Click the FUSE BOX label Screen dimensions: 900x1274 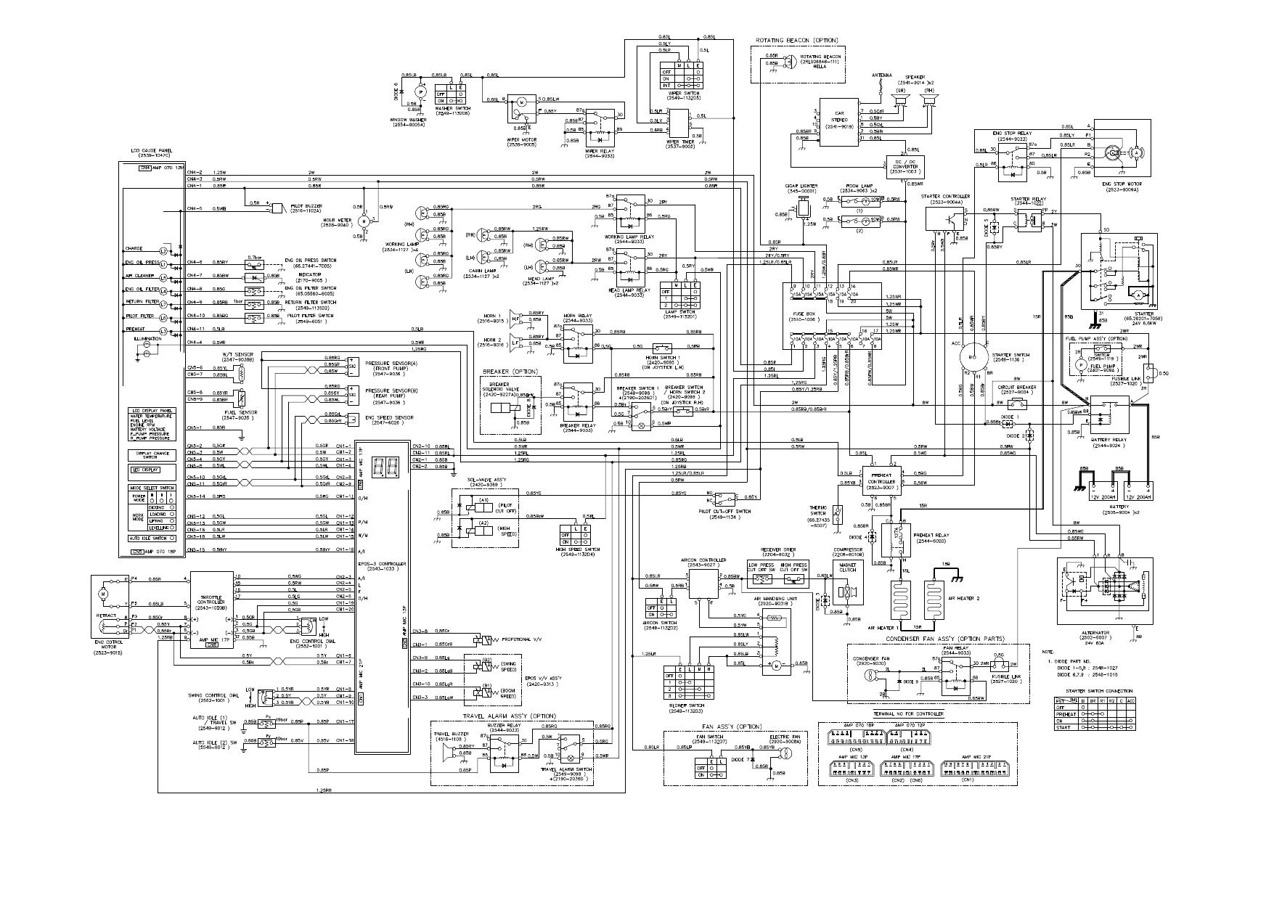pos(808,314)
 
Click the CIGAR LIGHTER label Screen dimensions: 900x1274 pos(803,187)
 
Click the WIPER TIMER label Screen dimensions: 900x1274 pos(680,142)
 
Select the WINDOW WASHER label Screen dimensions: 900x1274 pos(408,120)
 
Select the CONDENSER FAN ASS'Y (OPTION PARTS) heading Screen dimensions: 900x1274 pos(944,639)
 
